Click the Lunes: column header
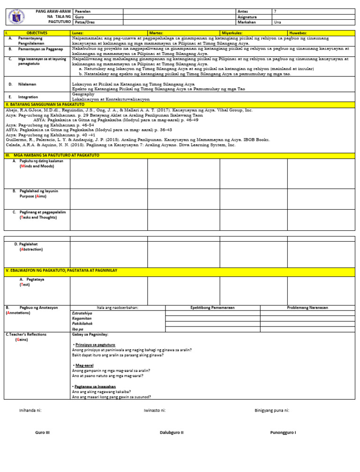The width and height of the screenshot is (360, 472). point(78,33)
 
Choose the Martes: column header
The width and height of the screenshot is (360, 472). point(157,33)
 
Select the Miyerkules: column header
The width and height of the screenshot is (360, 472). point(233,33)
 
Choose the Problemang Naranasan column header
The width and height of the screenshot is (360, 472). point(307,307)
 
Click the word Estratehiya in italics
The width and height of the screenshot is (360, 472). point(82,312)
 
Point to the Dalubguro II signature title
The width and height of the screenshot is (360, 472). point(172,432)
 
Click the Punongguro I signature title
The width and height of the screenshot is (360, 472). point(283,432)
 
